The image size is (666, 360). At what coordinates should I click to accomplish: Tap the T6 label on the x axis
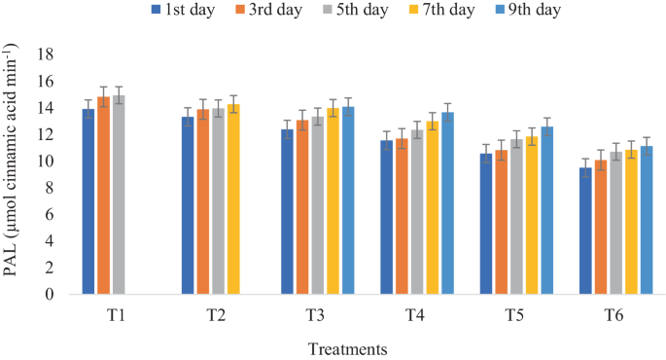tap(614, 316)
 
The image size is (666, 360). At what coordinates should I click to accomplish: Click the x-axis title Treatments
tap(348, 348)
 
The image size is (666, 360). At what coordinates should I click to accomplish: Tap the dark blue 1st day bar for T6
tap(585, 232)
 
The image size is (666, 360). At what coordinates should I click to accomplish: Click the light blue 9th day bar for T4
tap(447, 203)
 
